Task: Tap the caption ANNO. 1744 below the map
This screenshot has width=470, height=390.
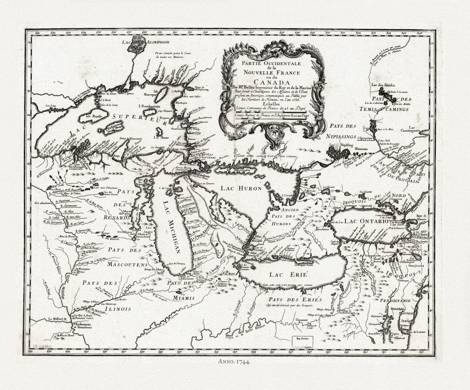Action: tap(235, 369)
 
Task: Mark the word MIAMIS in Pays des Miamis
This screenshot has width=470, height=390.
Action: tap(186, 298)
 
